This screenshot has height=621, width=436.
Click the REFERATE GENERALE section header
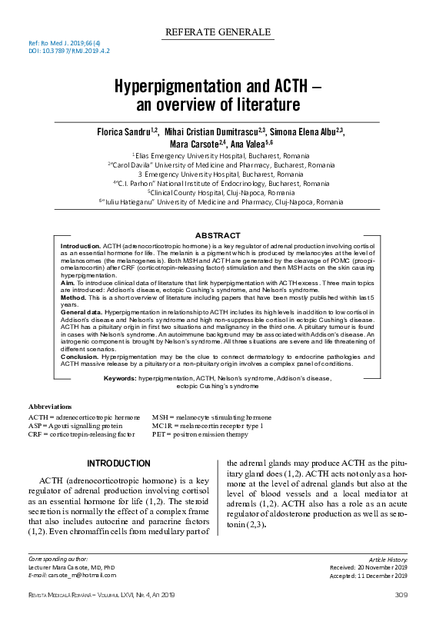coord(218,32)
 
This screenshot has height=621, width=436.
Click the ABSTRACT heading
coord(218,234)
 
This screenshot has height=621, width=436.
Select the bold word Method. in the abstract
coord(75,297)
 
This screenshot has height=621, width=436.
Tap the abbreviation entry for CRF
coord(82,434)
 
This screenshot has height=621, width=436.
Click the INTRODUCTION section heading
coord(119,463)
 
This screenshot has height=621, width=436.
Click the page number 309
coord(401,596)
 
